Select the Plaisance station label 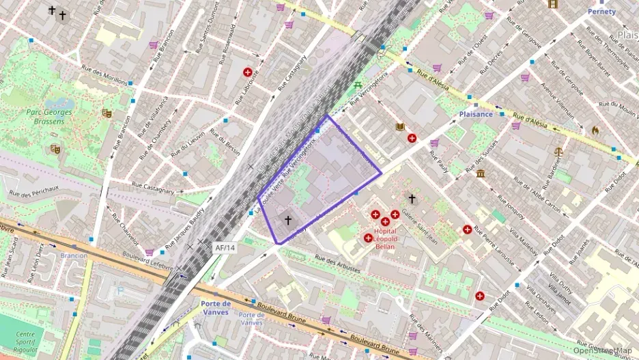pyautogui.click(x=476, y=114)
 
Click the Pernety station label pyautogui.click(x=601, y=12)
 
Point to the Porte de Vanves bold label pyautogui.click(x=216, y=307)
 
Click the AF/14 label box pyautogui.click(x=225, y=248)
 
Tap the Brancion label pyautogui.click(x=74, y=255)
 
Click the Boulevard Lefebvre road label pyautogui.click(x=138, y=259)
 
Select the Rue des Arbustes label pyautogui.click(x=337, y=264)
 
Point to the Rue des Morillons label pyautogui.click(x=104, y=74)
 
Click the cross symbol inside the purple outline pyautogui.click(x=288, y=220)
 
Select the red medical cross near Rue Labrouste pyautogui.click(x=247, y=72)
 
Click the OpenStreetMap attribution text pyautogui.click(x=603, y=350)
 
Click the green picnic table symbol pyautogui.click(x=358, y=85)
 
